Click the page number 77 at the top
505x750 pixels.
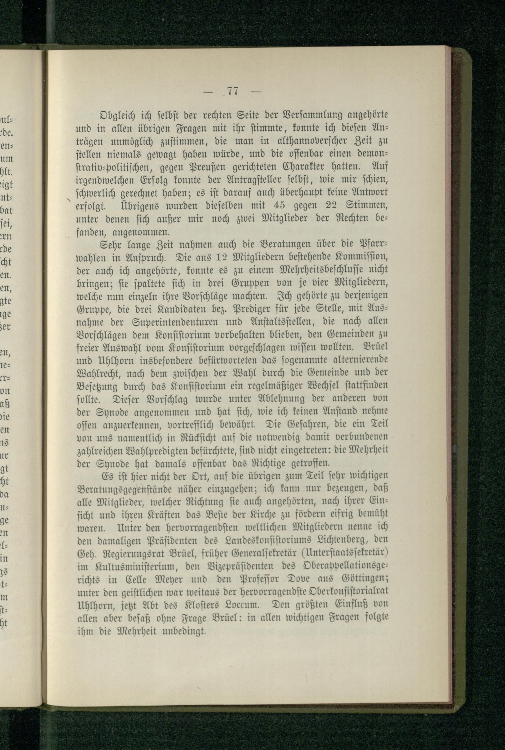(x=233, y=91)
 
